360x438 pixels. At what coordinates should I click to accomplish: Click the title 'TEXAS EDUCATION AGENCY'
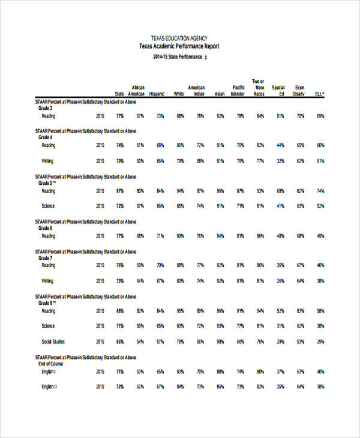click(179, 37)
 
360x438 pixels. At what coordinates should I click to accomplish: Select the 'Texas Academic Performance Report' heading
click(179, 46)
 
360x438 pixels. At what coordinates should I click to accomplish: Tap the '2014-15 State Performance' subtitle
click(176, 57)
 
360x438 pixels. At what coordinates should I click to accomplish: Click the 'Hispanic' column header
click(157, 94)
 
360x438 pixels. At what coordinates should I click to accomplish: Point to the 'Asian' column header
click(220, 94)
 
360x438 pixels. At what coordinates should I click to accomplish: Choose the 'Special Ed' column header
click(278, 91)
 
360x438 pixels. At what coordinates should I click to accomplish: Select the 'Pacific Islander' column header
click(238, 91)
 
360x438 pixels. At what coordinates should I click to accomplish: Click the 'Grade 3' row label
click(46, 108)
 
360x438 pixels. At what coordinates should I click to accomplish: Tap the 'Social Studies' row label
click(53, 341)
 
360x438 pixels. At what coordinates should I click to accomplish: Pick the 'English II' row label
click(49, 386)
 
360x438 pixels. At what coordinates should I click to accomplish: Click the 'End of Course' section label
click(52, 364)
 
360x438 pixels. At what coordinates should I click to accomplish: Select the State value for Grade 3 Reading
click(120, 116)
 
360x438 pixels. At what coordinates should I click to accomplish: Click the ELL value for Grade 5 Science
click(320, 206)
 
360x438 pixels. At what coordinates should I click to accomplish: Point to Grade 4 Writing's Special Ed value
click(280, 161)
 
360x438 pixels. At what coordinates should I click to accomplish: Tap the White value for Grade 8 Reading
click(180, 311)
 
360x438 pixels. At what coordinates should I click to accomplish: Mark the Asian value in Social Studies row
click(220, 341)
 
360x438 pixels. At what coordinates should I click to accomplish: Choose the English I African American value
click(140, 371)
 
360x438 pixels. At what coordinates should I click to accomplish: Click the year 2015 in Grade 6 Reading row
click(100, 236)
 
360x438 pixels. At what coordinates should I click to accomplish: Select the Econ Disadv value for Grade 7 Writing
click(300, 281)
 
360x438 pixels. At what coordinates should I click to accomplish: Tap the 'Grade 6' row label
click(46, 228)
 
